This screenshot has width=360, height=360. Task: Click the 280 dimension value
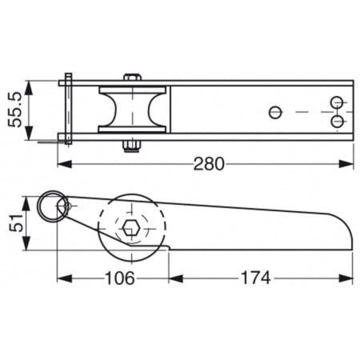click(209, 164)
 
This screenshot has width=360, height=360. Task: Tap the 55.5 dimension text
click(14, 110)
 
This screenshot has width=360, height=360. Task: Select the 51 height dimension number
click(16, 223)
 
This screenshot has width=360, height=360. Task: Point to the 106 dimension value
click(120, 278)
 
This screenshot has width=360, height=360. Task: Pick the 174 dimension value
click(256, 278)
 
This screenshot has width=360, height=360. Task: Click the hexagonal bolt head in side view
click(131, 228)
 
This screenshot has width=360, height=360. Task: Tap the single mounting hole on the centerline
click(275, 112)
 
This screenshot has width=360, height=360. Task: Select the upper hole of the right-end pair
click(337, 102)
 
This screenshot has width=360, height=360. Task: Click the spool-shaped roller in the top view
click(133, 110)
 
